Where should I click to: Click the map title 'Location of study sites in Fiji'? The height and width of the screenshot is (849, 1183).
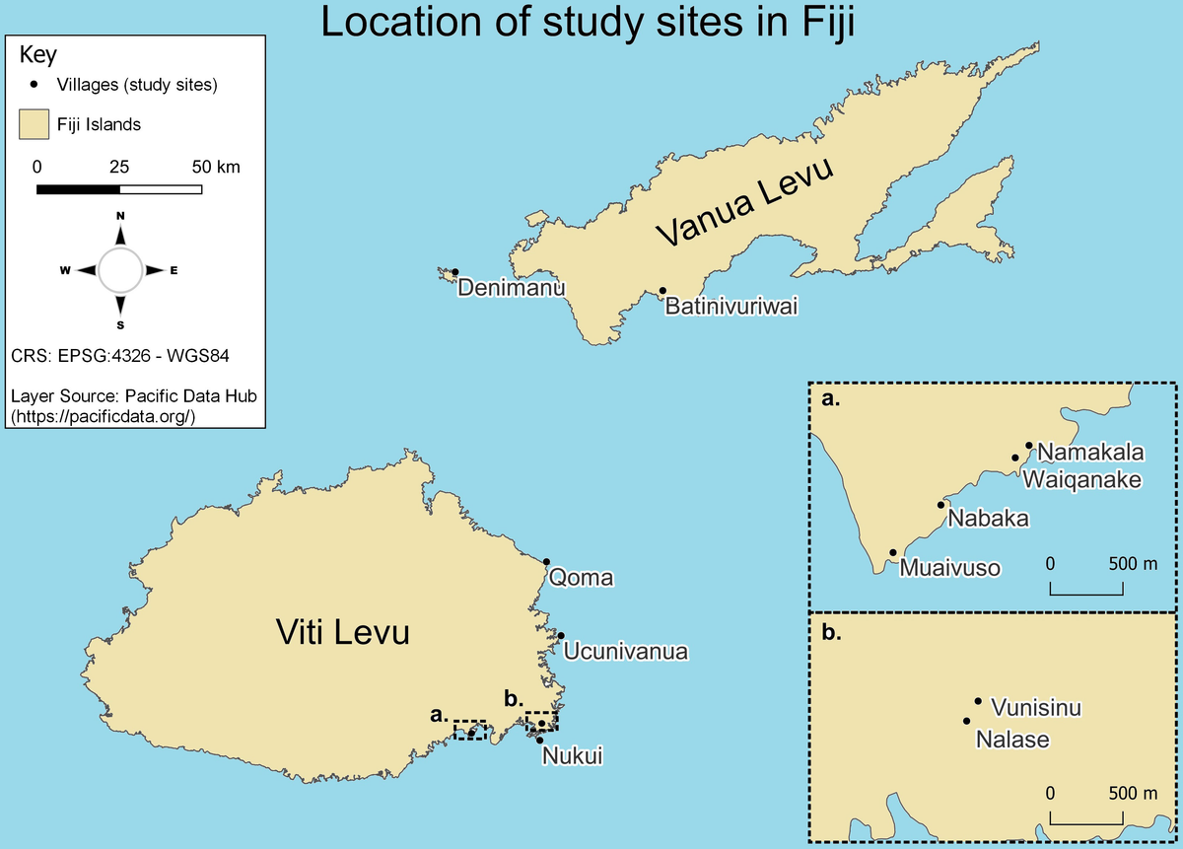tap(587, 24)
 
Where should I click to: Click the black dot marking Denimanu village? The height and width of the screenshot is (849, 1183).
tap(455, 272)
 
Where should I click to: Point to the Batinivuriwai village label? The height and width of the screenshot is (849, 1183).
tap(731, 307)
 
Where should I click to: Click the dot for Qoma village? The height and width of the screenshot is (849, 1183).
tap(546, 561)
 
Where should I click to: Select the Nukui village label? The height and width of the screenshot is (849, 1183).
tap(571, 756)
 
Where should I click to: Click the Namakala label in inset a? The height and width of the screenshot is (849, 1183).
tap(1090, 453)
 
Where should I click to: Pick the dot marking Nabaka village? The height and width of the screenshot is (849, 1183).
tap(939, 505)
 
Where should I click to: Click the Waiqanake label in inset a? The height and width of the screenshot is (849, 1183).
tap(1081, 479)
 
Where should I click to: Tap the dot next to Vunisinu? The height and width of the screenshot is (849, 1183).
tap(978, 701)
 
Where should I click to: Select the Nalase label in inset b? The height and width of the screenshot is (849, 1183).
tap(1011, 738)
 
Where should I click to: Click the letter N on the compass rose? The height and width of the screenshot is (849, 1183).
tap(120, 215)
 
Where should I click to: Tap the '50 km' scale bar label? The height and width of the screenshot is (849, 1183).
tap(215, 166)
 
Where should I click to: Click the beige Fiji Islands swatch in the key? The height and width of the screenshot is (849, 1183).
tap(35, 125)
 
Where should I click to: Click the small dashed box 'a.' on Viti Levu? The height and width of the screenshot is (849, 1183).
tap(469, 730)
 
